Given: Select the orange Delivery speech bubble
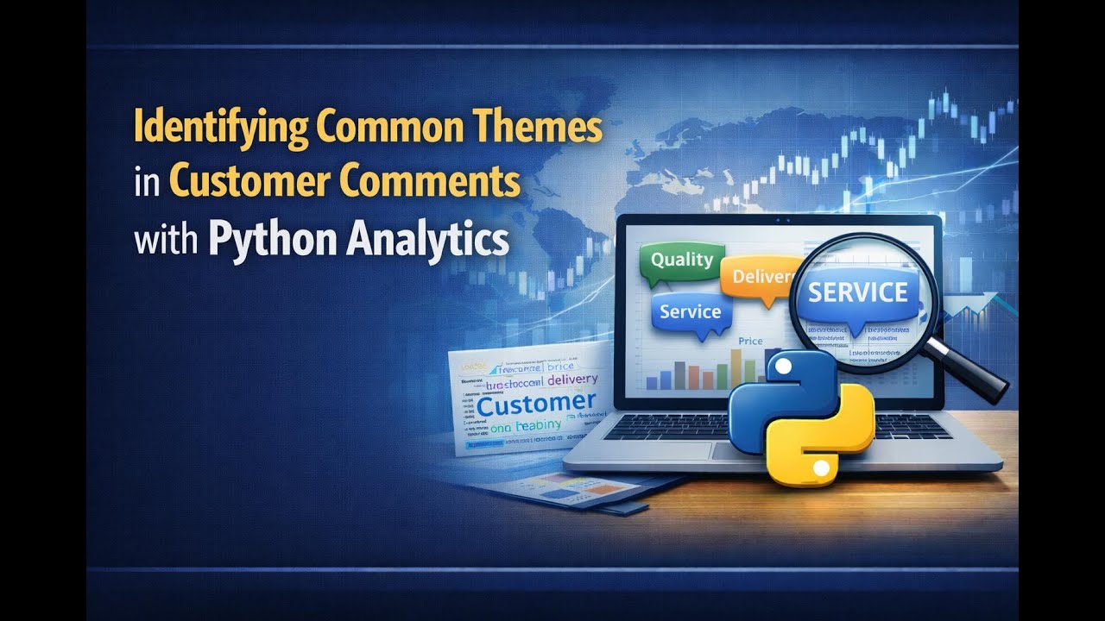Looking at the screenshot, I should [760, 278].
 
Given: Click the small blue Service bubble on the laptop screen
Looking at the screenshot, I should [689, 313].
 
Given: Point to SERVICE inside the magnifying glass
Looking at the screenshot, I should [857, 293].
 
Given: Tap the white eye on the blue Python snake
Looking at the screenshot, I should [781, 367].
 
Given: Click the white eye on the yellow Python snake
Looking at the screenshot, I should [822, 468].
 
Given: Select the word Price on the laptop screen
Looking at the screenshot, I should [750, 342].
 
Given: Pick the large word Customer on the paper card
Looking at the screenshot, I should [536, 403].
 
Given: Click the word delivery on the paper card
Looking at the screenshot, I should [566, 380].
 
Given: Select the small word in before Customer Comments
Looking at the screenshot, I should [148, 185].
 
